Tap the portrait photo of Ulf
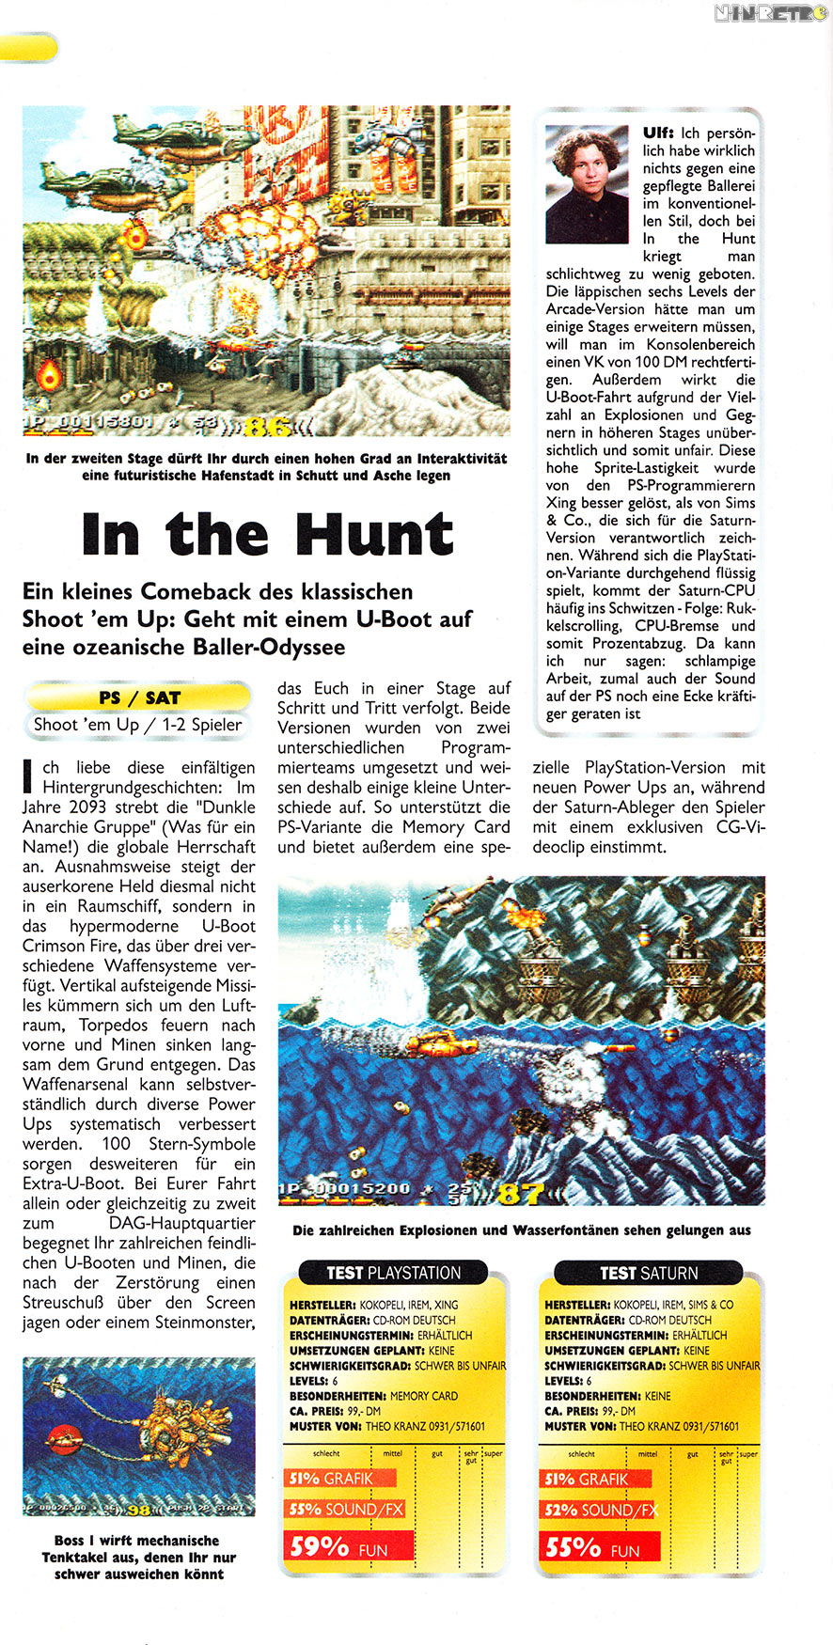tap(587, 184)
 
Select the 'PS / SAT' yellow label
tap(139, 697)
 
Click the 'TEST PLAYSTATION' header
tap(393, 1273)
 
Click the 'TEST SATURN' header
tap(649, 1273)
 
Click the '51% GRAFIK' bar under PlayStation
tap(338, 1479)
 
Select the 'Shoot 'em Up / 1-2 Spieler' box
tap(138, 724)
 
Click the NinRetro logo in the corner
tap(769, 13)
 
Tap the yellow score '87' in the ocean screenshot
tap(520, 1194)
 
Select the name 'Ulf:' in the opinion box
tap(658, 133)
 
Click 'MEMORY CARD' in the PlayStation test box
tap(423, 1396)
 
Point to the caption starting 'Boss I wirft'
tap(138, 1557)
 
